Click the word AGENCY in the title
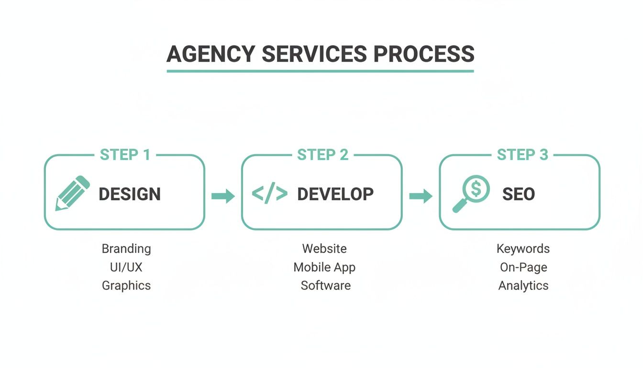(x=211, y=54)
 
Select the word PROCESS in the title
(x=423, y=54)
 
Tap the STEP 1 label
(x=125, y=155)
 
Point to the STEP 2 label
(x=322, y=155)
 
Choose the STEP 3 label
(x=522, y=155)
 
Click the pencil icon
(x=73, y=193)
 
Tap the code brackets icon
(x=269, y=194)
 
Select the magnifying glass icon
(x=471, y=194)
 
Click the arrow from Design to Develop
(x=223, y=195)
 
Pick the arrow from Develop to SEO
(x=421, y=195)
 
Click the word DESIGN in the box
(x=130, y=194)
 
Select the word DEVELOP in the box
(x=335, y=194)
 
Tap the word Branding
(x=126, y=249)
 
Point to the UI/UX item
(x=126, y=267)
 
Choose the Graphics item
(x=126, y=286)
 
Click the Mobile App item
(x=324, y=267)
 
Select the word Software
(x=325, y=286)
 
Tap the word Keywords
(x=523, y=249)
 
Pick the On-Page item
(x=523, y=267)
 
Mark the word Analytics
(x=523, y=286)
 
